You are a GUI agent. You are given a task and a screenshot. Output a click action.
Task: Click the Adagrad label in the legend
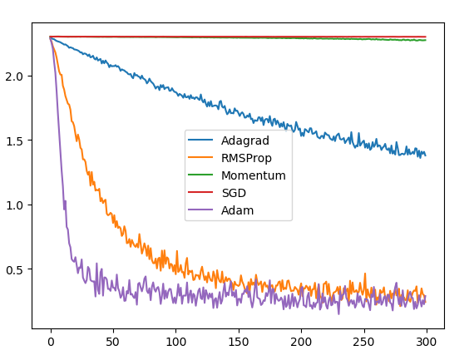(x=245, y=141)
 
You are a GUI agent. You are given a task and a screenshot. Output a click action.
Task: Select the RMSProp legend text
(x=247, y=158)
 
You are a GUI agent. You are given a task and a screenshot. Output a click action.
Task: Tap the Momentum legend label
(x=254, y=175)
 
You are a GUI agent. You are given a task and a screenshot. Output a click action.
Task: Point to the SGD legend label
(x=234, y=193)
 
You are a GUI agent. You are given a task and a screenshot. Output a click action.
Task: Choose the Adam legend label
(x=238, y=210)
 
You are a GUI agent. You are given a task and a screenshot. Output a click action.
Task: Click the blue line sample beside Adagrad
(x=202, y=141)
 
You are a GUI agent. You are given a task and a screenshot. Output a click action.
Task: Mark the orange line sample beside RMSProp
(x=202, y=158)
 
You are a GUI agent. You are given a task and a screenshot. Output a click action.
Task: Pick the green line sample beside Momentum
(x=202, y=175)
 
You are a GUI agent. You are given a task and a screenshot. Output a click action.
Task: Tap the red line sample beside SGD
(x=202, y=193)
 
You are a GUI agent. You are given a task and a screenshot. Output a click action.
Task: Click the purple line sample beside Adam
(x=202, y=210)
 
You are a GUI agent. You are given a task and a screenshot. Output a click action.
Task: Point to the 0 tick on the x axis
(x=50, y=341)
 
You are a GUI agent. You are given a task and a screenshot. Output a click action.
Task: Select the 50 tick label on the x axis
(x=112, y=341)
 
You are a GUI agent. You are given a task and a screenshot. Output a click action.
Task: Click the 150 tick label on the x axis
(x=238, y=341)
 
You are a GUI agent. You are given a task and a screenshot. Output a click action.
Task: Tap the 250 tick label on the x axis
(x=363, y=341)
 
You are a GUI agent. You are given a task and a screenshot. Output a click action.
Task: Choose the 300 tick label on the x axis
(x=426, y=341)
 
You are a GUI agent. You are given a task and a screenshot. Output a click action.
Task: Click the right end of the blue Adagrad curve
(x=425, y=155)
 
